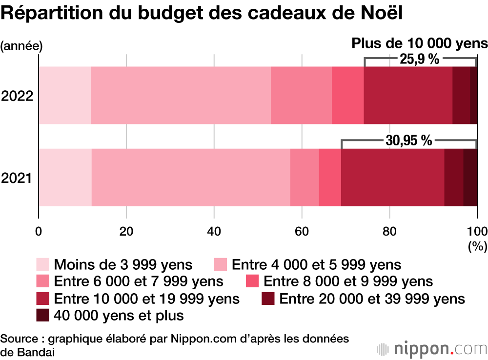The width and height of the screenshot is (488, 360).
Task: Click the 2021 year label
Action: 17,178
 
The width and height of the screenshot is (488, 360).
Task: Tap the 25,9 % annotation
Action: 420,60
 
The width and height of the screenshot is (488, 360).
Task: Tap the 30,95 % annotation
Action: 409,141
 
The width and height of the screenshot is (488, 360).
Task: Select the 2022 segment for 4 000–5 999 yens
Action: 181,96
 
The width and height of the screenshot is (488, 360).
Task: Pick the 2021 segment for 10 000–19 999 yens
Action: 392,178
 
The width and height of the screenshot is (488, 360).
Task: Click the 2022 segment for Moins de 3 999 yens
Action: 65,96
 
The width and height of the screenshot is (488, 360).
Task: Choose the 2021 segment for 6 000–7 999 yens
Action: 305,178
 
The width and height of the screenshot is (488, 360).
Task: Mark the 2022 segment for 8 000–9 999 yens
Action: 347,96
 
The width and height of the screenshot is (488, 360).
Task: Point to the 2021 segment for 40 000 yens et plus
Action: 470,178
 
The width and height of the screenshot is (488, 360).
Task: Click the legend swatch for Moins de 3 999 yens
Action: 43,265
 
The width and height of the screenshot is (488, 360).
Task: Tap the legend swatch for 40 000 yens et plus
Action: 43,316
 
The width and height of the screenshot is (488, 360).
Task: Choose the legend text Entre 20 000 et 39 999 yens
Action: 372,298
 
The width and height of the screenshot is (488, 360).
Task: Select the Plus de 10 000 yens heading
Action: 420,43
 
